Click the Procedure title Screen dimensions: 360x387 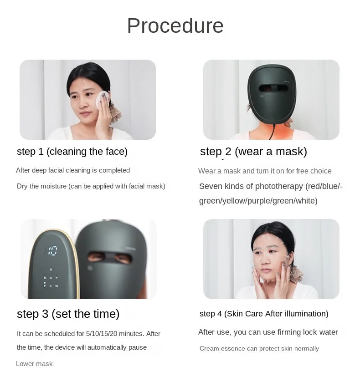(175, 25)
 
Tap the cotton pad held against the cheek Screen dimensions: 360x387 (102, 99)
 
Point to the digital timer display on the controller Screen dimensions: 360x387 (51, 250)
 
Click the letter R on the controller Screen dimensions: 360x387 (51, 270)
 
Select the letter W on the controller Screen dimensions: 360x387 (57, 286)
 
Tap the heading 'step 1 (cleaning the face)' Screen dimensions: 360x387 (72, 152)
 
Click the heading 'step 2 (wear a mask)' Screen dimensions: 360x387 (253, 152)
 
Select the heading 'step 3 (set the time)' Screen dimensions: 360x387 (68, 314)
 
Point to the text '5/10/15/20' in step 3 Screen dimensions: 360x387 (102, 334)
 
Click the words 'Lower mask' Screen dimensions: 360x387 (34, 364)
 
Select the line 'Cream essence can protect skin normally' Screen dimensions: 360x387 (259, 348)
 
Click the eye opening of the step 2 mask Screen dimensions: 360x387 (273, 88)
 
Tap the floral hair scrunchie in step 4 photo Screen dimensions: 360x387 (296, 274)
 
